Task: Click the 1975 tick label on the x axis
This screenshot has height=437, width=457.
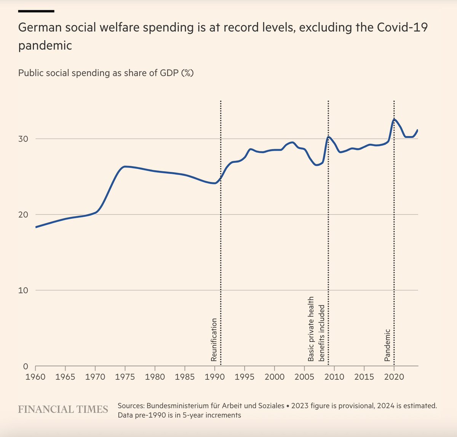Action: coord(125,377)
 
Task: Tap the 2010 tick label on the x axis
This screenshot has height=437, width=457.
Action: coord(334,377)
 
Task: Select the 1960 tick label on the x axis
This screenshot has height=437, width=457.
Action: coord(35,377)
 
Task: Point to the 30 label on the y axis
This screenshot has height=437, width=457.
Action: coord(23,139)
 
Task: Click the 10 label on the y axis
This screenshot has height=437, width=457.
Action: coord(23,290)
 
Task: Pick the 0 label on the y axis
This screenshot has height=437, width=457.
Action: coord(26,366)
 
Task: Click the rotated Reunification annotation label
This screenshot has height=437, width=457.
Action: coord(214,340)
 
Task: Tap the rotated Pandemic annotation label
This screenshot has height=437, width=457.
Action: coord(387,345)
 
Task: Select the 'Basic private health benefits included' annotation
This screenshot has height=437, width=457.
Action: coord(316,329)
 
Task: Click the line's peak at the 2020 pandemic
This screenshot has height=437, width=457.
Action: coord(394,119)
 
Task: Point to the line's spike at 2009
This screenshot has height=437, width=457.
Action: coord(328,137)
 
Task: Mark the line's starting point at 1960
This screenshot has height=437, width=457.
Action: coord(36,227)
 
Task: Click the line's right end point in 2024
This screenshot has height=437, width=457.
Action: coord(418,130)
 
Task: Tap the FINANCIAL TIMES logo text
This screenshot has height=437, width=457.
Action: coord(63,409)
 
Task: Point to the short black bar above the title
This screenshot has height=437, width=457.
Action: coord(36,11)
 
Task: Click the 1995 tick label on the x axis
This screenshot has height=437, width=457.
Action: coord(244,377)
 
